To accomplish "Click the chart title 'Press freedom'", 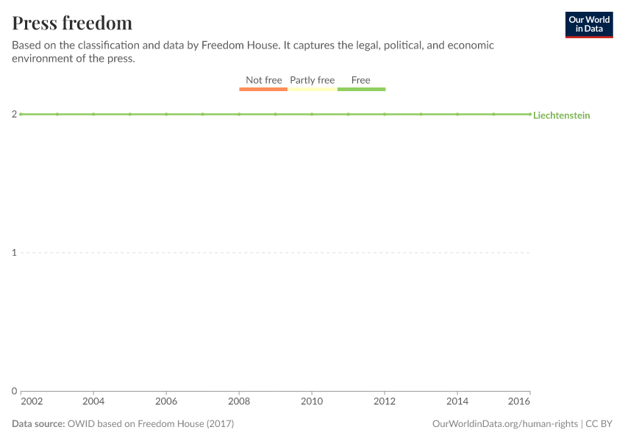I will [x=72, y=23].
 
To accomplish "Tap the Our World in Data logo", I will [x=589, y=25].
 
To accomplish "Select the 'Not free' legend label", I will [x=264, y=80].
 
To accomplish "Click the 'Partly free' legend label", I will [x=312, y=80].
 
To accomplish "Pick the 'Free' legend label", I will [x=361, y=80].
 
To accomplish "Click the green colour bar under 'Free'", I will [x=361, y=89].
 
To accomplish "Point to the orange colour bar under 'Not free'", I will [x=263, y=89].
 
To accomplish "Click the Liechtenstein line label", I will [x=561, y=115].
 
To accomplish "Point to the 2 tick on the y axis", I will [x=15, y=114].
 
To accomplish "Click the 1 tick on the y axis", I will [x=15, y=253].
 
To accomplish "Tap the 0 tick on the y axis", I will [x=15, y=391].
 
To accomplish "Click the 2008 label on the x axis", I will [x=239, y=401].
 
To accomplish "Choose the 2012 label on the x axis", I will [x=385, y=401].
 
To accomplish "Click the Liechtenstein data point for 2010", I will [x=312, y=114].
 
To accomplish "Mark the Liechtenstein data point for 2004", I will [x=93, y=114].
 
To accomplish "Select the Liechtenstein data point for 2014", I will [x=457, y=114].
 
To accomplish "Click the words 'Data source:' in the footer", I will [x=38, y=424].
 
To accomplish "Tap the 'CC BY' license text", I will [x=599, y=424].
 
